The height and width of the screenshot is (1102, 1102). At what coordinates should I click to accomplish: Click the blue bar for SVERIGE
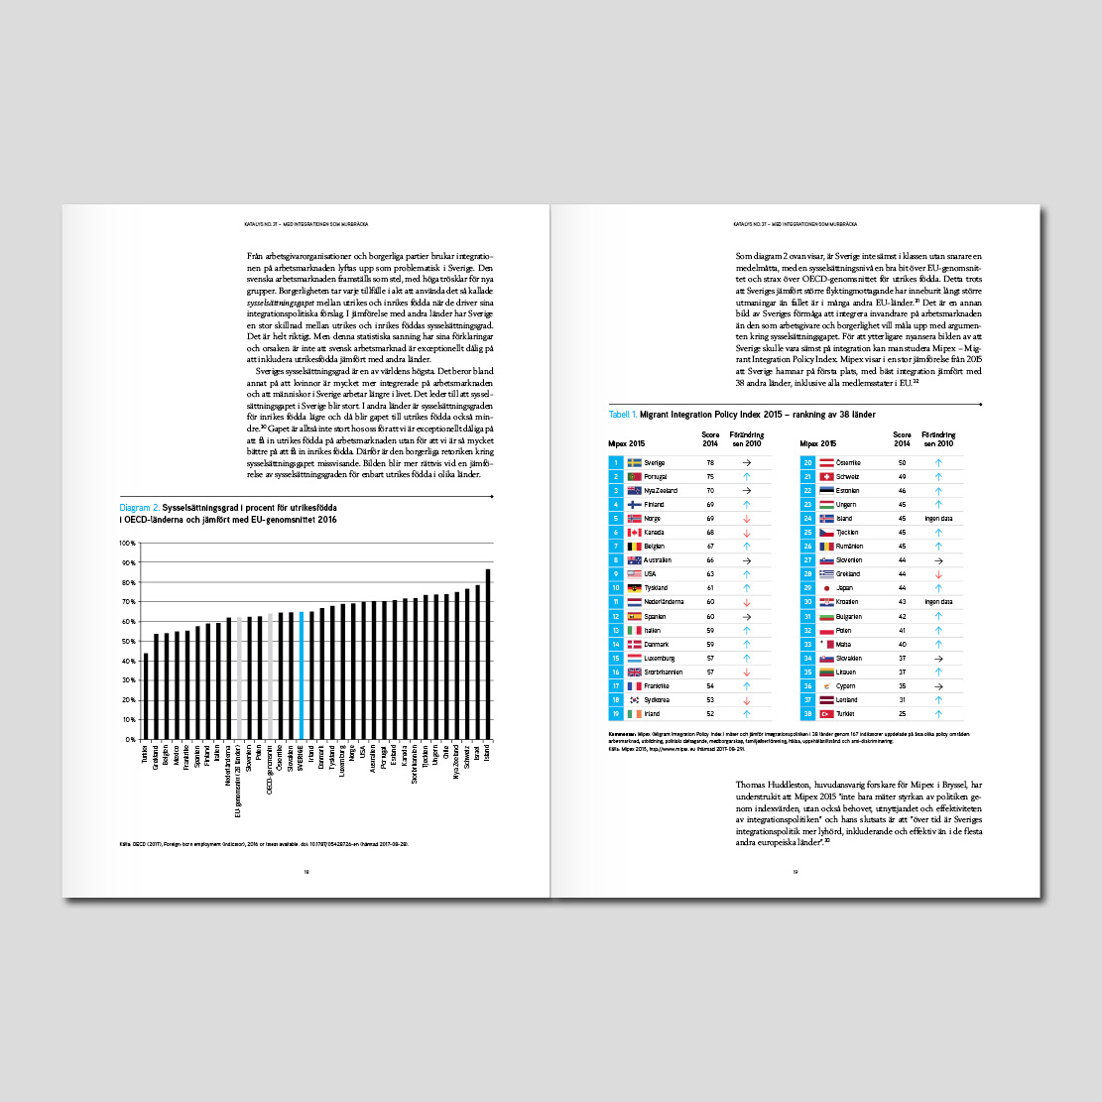(x=302, y=674)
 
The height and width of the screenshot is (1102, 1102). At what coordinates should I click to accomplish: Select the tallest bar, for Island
(x=487, y=654)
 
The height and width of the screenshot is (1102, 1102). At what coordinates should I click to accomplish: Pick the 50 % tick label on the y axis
(x=128, y=641)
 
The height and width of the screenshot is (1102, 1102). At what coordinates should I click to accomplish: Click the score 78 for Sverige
(x=710, y=462)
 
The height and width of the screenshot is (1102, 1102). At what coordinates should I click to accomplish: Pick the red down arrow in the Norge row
(x=746, y=518)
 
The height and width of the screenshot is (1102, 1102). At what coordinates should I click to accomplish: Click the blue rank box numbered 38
(x=807, y=712)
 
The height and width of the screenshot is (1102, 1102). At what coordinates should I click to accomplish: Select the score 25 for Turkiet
(x=902, y=712)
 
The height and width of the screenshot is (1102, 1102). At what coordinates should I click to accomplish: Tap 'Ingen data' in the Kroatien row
(x=937, y=601)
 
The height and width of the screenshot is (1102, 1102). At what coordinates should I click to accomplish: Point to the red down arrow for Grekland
(x=937, y=573)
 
